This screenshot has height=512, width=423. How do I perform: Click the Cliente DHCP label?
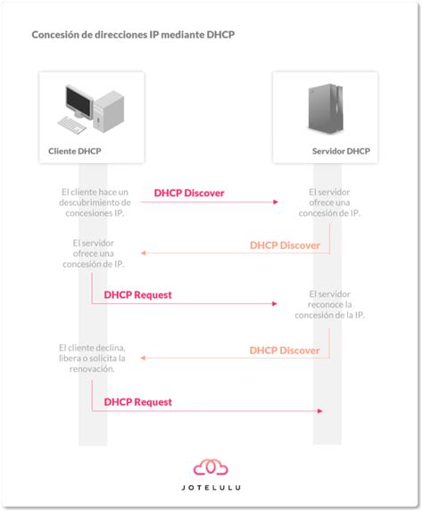pyautogui.click(x=75, y=152)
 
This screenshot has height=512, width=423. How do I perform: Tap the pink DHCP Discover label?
pyautogui.click(x=188, y=193)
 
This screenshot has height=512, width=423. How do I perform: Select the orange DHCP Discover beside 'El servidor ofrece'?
pyautogui.click(x=284, y=244)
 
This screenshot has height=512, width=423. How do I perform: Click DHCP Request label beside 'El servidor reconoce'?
pyautogui.click(x=137, y=293)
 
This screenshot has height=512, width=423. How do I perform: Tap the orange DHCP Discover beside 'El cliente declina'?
pyautogui.click(x=284, y=350)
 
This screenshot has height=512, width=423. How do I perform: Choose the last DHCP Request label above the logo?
pyautogui.click(x=137, y=401)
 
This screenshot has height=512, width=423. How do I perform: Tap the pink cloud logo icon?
pyautogui.click(x=211, y=467)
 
